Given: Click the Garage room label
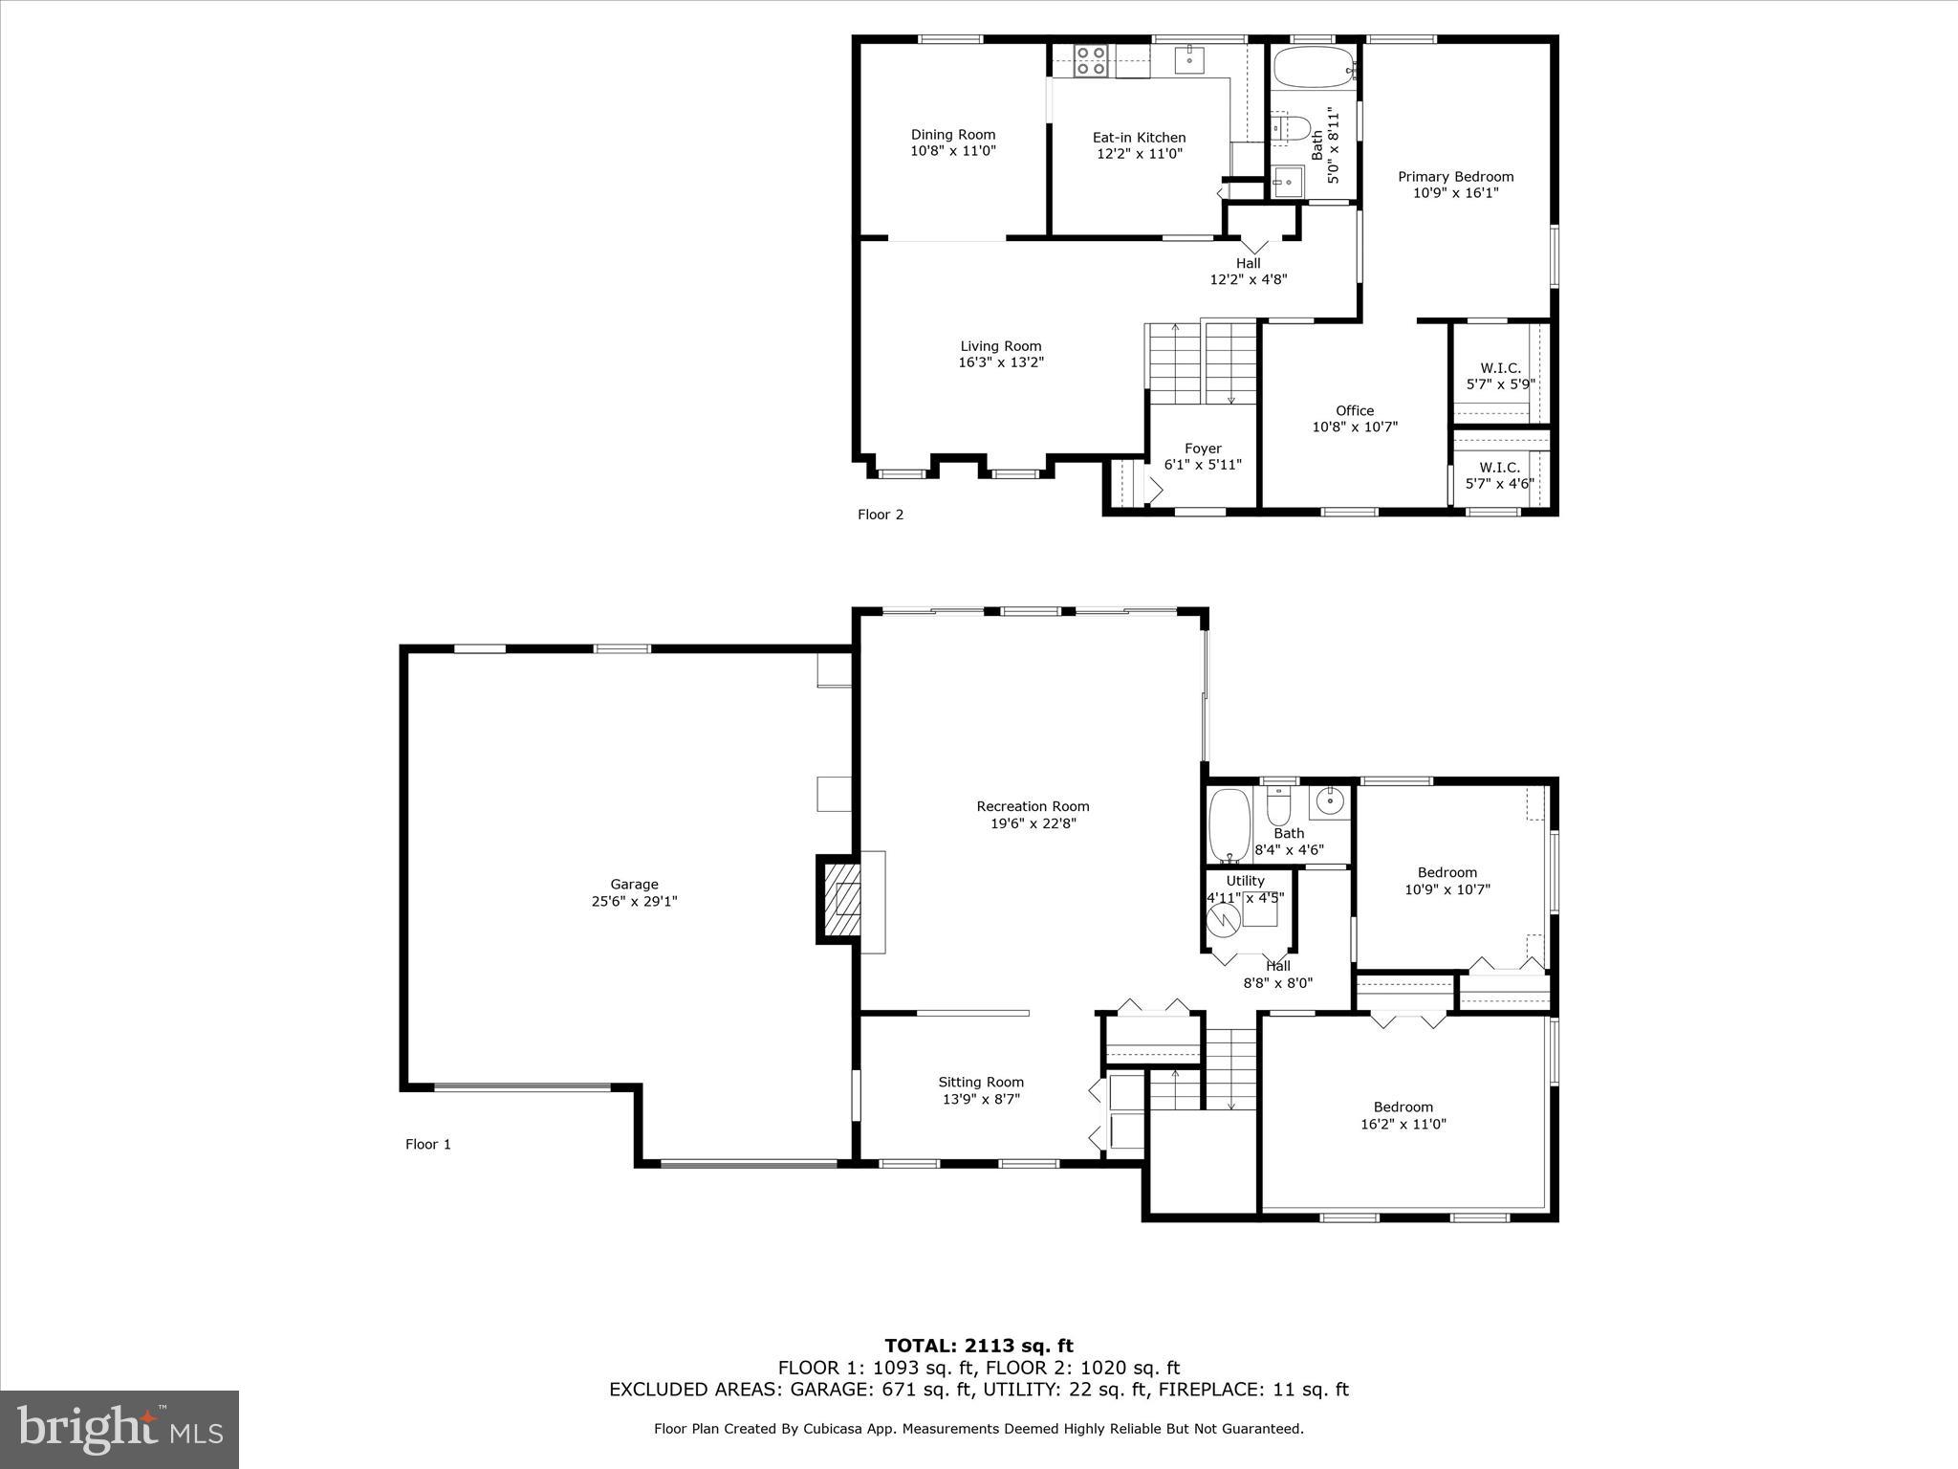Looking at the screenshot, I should click(634, 885).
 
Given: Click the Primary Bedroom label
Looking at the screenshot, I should click(1455, 177).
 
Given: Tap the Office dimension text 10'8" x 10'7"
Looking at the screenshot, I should click(1355, 427).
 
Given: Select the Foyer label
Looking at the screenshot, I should click(1203, 449).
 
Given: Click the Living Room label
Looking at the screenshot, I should click(1001, 346).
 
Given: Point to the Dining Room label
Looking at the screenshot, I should click(952, 135).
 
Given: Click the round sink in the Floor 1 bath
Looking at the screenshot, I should click(1329, 800).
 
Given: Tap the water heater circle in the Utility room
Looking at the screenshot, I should click(1223, 919).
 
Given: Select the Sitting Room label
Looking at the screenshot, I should click(981, 1083).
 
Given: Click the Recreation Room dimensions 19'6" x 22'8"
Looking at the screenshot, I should click(1033, 822).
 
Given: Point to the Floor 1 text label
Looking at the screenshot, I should click(427, 1144).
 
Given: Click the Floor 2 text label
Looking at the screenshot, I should click(880, 515).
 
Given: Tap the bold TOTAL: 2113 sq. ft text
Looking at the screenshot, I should click(978, 1346).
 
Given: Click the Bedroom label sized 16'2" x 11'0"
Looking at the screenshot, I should click(1403, 1107).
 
